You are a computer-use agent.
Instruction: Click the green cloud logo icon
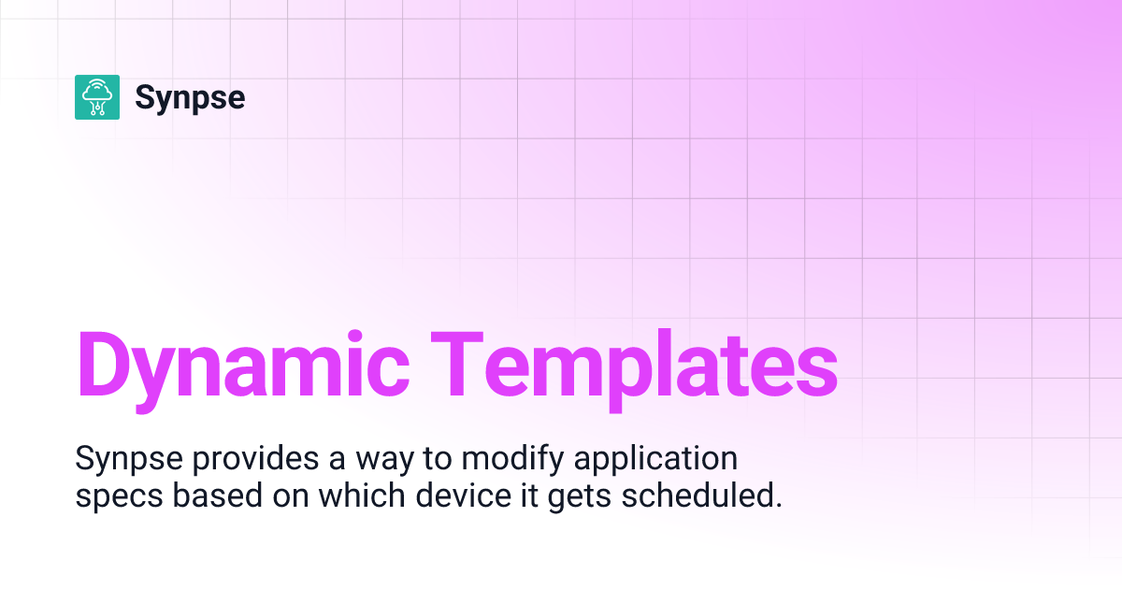point(97,97)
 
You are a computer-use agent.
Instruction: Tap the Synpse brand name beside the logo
point(190,97)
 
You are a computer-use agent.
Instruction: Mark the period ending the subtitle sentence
point(777,505)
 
